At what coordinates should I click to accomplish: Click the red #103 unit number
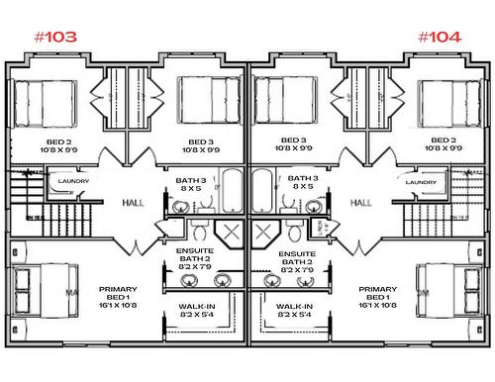tap(56, 37)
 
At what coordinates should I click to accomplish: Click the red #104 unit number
tap(439, 37)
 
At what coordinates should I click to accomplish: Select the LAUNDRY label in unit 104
tap(422, 181)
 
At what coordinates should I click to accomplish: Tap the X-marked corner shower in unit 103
tap(230, 236)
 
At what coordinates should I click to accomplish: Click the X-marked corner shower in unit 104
tap(265, 236)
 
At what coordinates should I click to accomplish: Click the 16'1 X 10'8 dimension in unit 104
tap(379, 307)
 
